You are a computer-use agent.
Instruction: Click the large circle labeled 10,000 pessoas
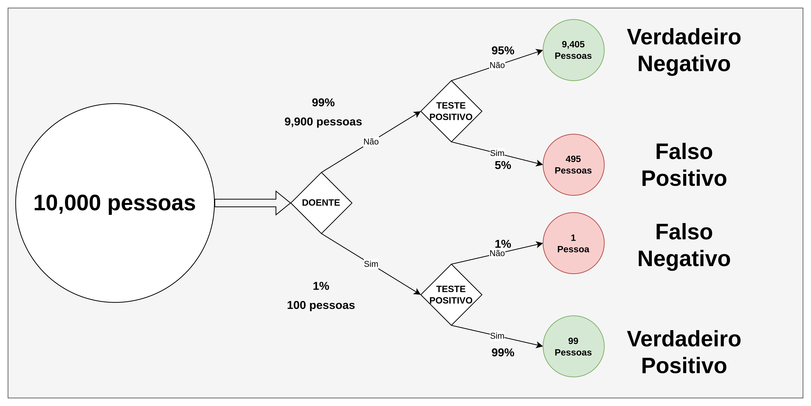click(115, 203)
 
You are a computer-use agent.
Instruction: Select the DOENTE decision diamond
click(321, 203)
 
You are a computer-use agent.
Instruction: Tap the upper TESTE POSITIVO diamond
click(451, 111)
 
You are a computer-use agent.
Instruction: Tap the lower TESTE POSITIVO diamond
click(451, 295)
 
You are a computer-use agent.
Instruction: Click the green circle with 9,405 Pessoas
click(573, 50)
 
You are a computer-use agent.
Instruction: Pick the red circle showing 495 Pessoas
click(573, 165)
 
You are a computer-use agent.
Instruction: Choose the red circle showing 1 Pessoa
click(573, 243)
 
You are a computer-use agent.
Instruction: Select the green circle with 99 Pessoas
click(573, 347)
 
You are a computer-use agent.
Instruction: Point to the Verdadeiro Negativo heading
click(684, 50)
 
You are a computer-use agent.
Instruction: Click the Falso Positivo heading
click(684, 165)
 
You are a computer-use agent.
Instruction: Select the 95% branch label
click(503, 50)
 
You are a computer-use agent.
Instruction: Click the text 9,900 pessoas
click(323, 122)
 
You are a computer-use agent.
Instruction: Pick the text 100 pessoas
click(321, 305)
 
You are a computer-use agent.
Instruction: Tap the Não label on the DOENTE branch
click(371, 142)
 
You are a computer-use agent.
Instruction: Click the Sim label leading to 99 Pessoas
click(497, 336)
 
